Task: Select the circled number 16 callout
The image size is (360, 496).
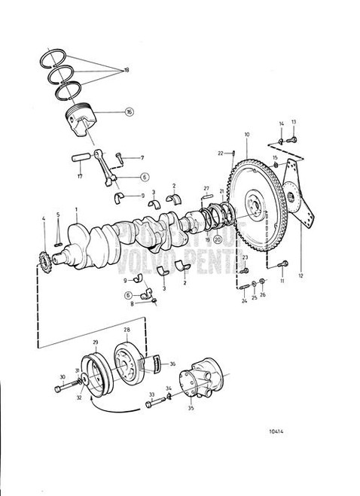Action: pyautogui.click(x=129, y=111)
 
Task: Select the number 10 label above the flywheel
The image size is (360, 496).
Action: pyautogui.click(x=246, y=135)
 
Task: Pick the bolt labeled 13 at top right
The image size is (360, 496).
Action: pyautogui.click(x=291, y=138)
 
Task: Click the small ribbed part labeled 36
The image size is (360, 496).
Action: pyautogui.click(x=157, y=365)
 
